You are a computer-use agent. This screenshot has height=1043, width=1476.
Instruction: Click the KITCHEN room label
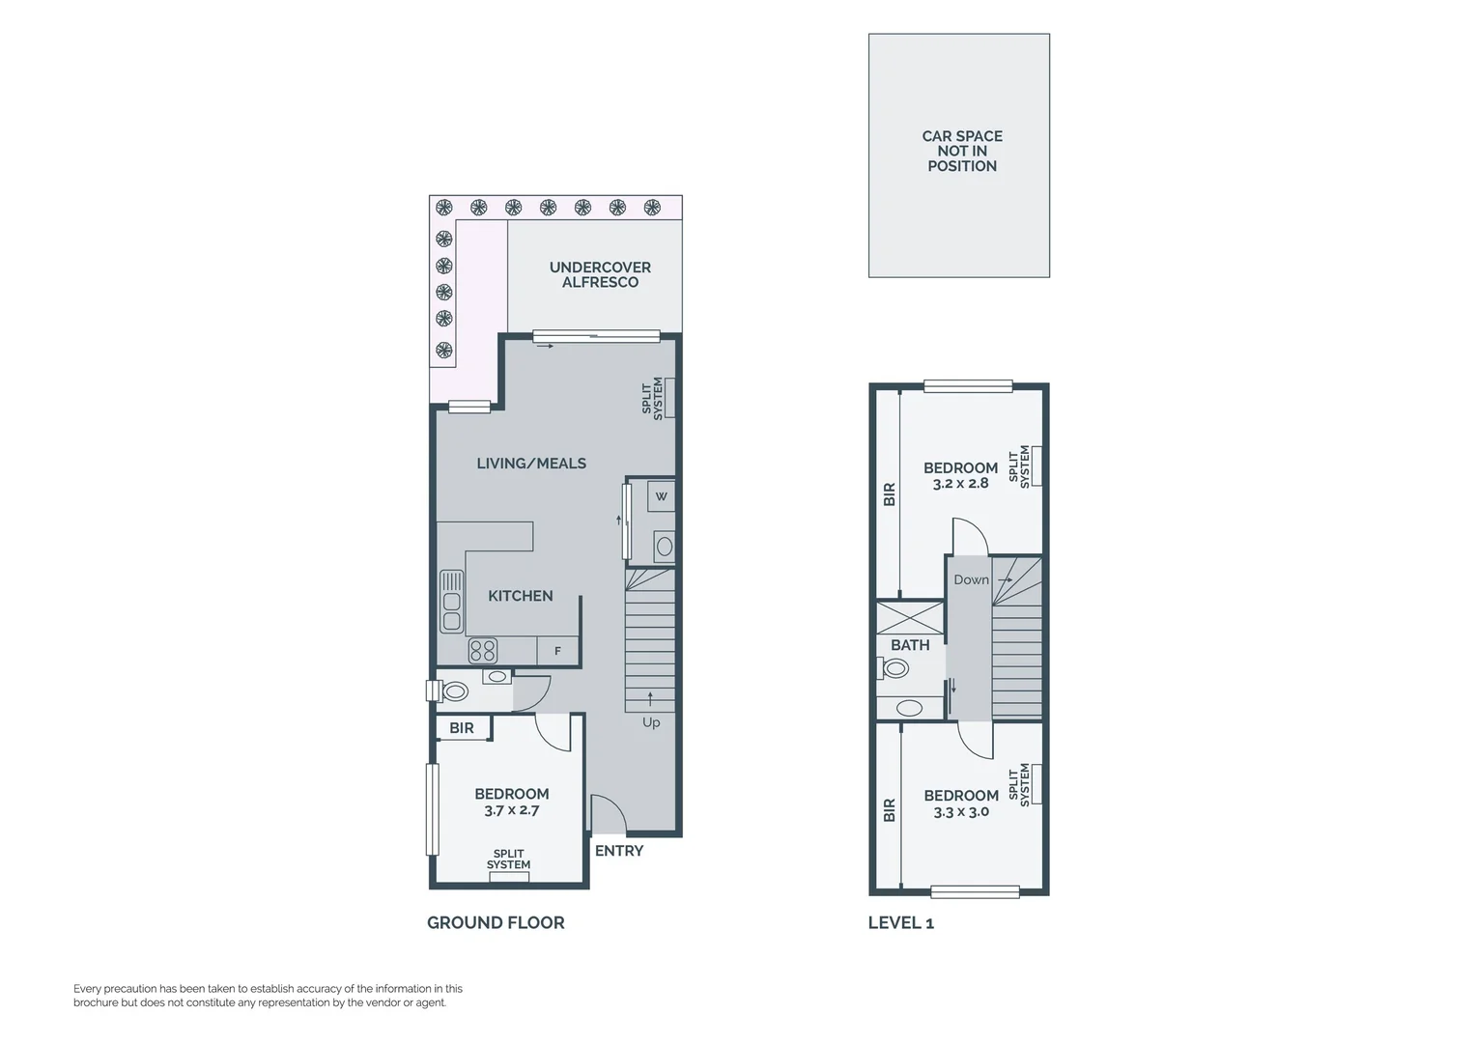[520, 596]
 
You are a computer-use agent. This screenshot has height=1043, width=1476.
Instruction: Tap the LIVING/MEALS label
[531, 464]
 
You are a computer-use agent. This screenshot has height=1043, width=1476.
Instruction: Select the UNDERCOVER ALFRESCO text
[600, 275]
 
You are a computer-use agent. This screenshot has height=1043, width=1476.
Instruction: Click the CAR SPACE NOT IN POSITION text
[961, 152]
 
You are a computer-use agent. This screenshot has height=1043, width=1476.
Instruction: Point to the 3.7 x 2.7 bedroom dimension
[511, 810]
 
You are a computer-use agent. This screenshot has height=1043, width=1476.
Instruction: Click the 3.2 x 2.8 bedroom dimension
[960, 484]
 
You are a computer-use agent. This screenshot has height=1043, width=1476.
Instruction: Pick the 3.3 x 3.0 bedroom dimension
[960, 812]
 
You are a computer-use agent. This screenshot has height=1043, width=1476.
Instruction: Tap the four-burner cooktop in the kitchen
[483, 651]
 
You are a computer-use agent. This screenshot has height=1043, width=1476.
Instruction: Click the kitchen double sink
[451, 601]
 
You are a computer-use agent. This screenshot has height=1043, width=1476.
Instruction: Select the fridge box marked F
[557, 651]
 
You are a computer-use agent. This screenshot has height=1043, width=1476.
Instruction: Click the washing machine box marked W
[661, 496]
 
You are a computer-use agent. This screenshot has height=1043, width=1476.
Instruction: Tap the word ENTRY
[618, 851]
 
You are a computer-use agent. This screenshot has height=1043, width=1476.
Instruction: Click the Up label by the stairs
[651, 722]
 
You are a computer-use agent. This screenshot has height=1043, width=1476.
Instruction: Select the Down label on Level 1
[971, 579]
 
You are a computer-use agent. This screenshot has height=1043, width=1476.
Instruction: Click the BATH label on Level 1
[910, 645]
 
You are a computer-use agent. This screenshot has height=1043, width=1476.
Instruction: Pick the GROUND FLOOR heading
[496, 922]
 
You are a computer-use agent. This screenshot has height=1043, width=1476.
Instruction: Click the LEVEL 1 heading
[900, 922]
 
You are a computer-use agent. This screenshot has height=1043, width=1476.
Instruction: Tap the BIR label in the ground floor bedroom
[462, 728]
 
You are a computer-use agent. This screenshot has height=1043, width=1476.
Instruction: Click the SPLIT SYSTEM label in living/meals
[653, 397]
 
